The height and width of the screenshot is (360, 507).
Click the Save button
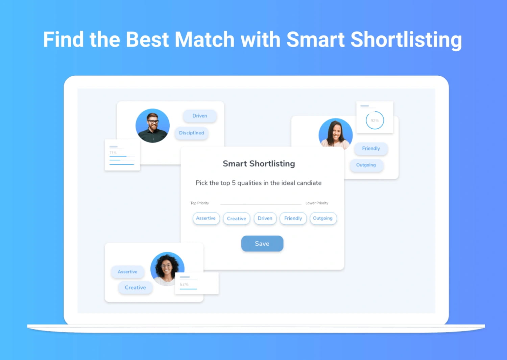[x=262, y=243]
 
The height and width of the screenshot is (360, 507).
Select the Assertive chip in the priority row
[x=206, y=218]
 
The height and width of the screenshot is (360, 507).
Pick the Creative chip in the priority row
[x=237, y=218]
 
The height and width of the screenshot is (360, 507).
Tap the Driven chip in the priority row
[x=265, y=218]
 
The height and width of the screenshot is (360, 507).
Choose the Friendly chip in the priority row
[x=293, y=218]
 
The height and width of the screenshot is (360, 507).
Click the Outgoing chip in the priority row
[x=323, y=218]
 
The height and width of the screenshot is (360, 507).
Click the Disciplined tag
[x=192, y=133]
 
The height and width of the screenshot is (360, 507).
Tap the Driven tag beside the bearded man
[x=200, y=116]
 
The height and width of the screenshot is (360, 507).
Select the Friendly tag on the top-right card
[x=371, y=149]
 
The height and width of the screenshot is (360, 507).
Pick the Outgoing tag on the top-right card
[x=366, y=165]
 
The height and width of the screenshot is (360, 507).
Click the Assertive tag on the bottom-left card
[x=127, y=272]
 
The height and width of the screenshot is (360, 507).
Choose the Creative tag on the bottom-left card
[x=135, y=287]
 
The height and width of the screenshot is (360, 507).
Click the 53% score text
[x=184, y=284]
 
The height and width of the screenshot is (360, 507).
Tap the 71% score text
[x=113, y=153]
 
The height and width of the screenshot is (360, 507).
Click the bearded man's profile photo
[x=152, y=126]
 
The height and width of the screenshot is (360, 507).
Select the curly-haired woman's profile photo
[x=167, y=269]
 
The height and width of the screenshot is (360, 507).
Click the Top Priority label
[x=200, y=203]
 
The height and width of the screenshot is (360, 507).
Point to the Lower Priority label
[x=317, y=203]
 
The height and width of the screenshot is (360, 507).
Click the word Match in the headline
[x=204, y=40]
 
